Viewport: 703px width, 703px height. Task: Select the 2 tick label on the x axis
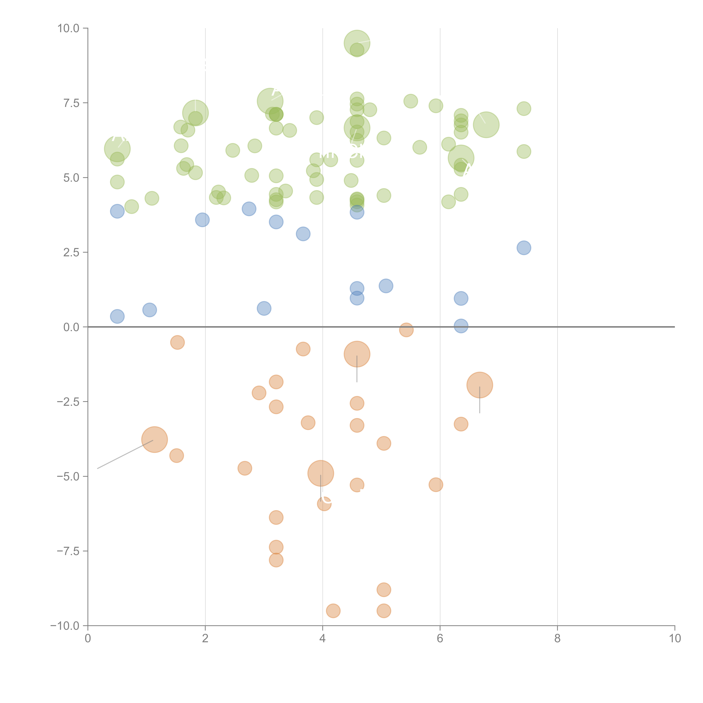(205, 639)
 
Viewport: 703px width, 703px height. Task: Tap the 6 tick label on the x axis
(440, 639)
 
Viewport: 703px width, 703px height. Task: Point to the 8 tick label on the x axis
(557, 639)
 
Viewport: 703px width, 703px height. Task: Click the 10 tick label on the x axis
(675, 639)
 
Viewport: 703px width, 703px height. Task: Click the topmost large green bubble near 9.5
(357, 43)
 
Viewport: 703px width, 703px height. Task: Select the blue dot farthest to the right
(524, 248)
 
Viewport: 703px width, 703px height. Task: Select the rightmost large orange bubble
(480, 385)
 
